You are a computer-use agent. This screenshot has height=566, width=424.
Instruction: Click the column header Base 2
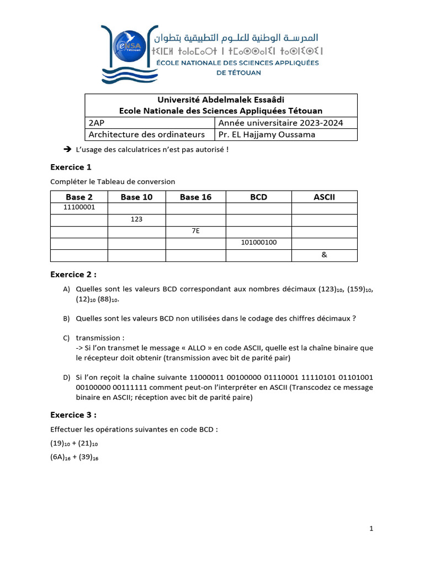pyautogui.click(x=79, y=197)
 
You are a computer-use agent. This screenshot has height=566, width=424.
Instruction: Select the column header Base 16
pyautogui.click(x=195, y=197)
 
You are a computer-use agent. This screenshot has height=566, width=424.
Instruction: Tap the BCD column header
pyautogui.click(x=258, y=197)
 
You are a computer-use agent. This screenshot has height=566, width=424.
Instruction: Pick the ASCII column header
pyautogui.click(x=324, y=197)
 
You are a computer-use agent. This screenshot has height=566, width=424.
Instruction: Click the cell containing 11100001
pyautogui.click(x=79, y=208)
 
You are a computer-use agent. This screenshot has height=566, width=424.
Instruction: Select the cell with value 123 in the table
pyautogui.click(x=136, y=219)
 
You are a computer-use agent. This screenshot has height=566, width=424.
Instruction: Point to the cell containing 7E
pyautogui.click(x=195, y=231)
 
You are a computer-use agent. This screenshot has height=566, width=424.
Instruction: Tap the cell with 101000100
pyautogui.click(x=258, y=243)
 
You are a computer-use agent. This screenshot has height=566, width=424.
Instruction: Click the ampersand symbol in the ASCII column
pyautogui.click(x=324, y=255)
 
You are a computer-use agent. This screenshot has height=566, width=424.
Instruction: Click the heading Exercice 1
pyautogui.click(x=71, y=167)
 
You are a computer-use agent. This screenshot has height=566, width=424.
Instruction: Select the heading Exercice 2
pyautogui.click(x=73, y=274)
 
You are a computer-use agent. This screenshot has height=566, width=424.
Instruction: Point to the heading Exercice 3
pyautogui.click(x=73, y=415)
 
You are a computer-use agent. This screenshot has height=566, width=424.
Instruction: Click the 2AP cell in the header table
pyautogui.click(x=96, y=123)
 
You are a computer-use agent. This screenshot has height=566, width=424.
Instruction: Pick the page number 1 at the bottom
pyautogui.click(x=372, y=529)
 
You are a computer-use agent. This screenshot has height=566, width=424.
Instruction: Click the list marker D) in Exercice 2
pyautogui.click(x=66, y=378)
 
